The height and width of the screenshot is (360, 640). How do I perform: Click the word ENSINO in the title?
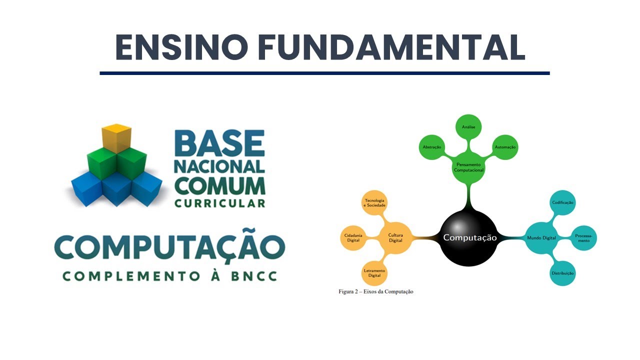[x=181, y=47]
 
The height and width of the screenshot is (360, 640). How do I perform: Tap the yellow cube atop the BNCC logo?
[x=116, y=137]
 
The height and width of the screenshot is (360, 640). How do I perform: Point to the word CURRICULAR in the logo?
[x=219, y=203]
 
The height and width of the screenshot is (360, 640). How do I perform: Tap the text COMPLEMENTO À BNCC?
[x=169, y=276]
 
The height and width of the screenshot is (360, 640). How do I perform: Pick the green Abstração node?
[x=431, y=147]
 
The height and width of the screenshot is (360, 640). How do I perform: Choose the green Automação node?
[x=505, y=147]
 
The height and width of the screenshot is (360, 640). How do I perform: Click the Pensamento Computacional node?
[x=468, y=167]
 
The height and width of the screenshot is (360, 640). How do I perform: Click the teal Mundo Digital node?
[x=541, y=237]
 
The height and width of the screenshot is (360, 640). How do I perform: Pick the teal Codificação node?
[x=562, y=202]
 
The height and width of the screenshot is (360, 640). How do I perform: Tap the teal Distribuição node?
[x=562, y=273]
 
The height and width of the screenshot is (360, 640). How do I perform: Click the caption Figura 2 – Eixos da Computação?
[x=376, y=291]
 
